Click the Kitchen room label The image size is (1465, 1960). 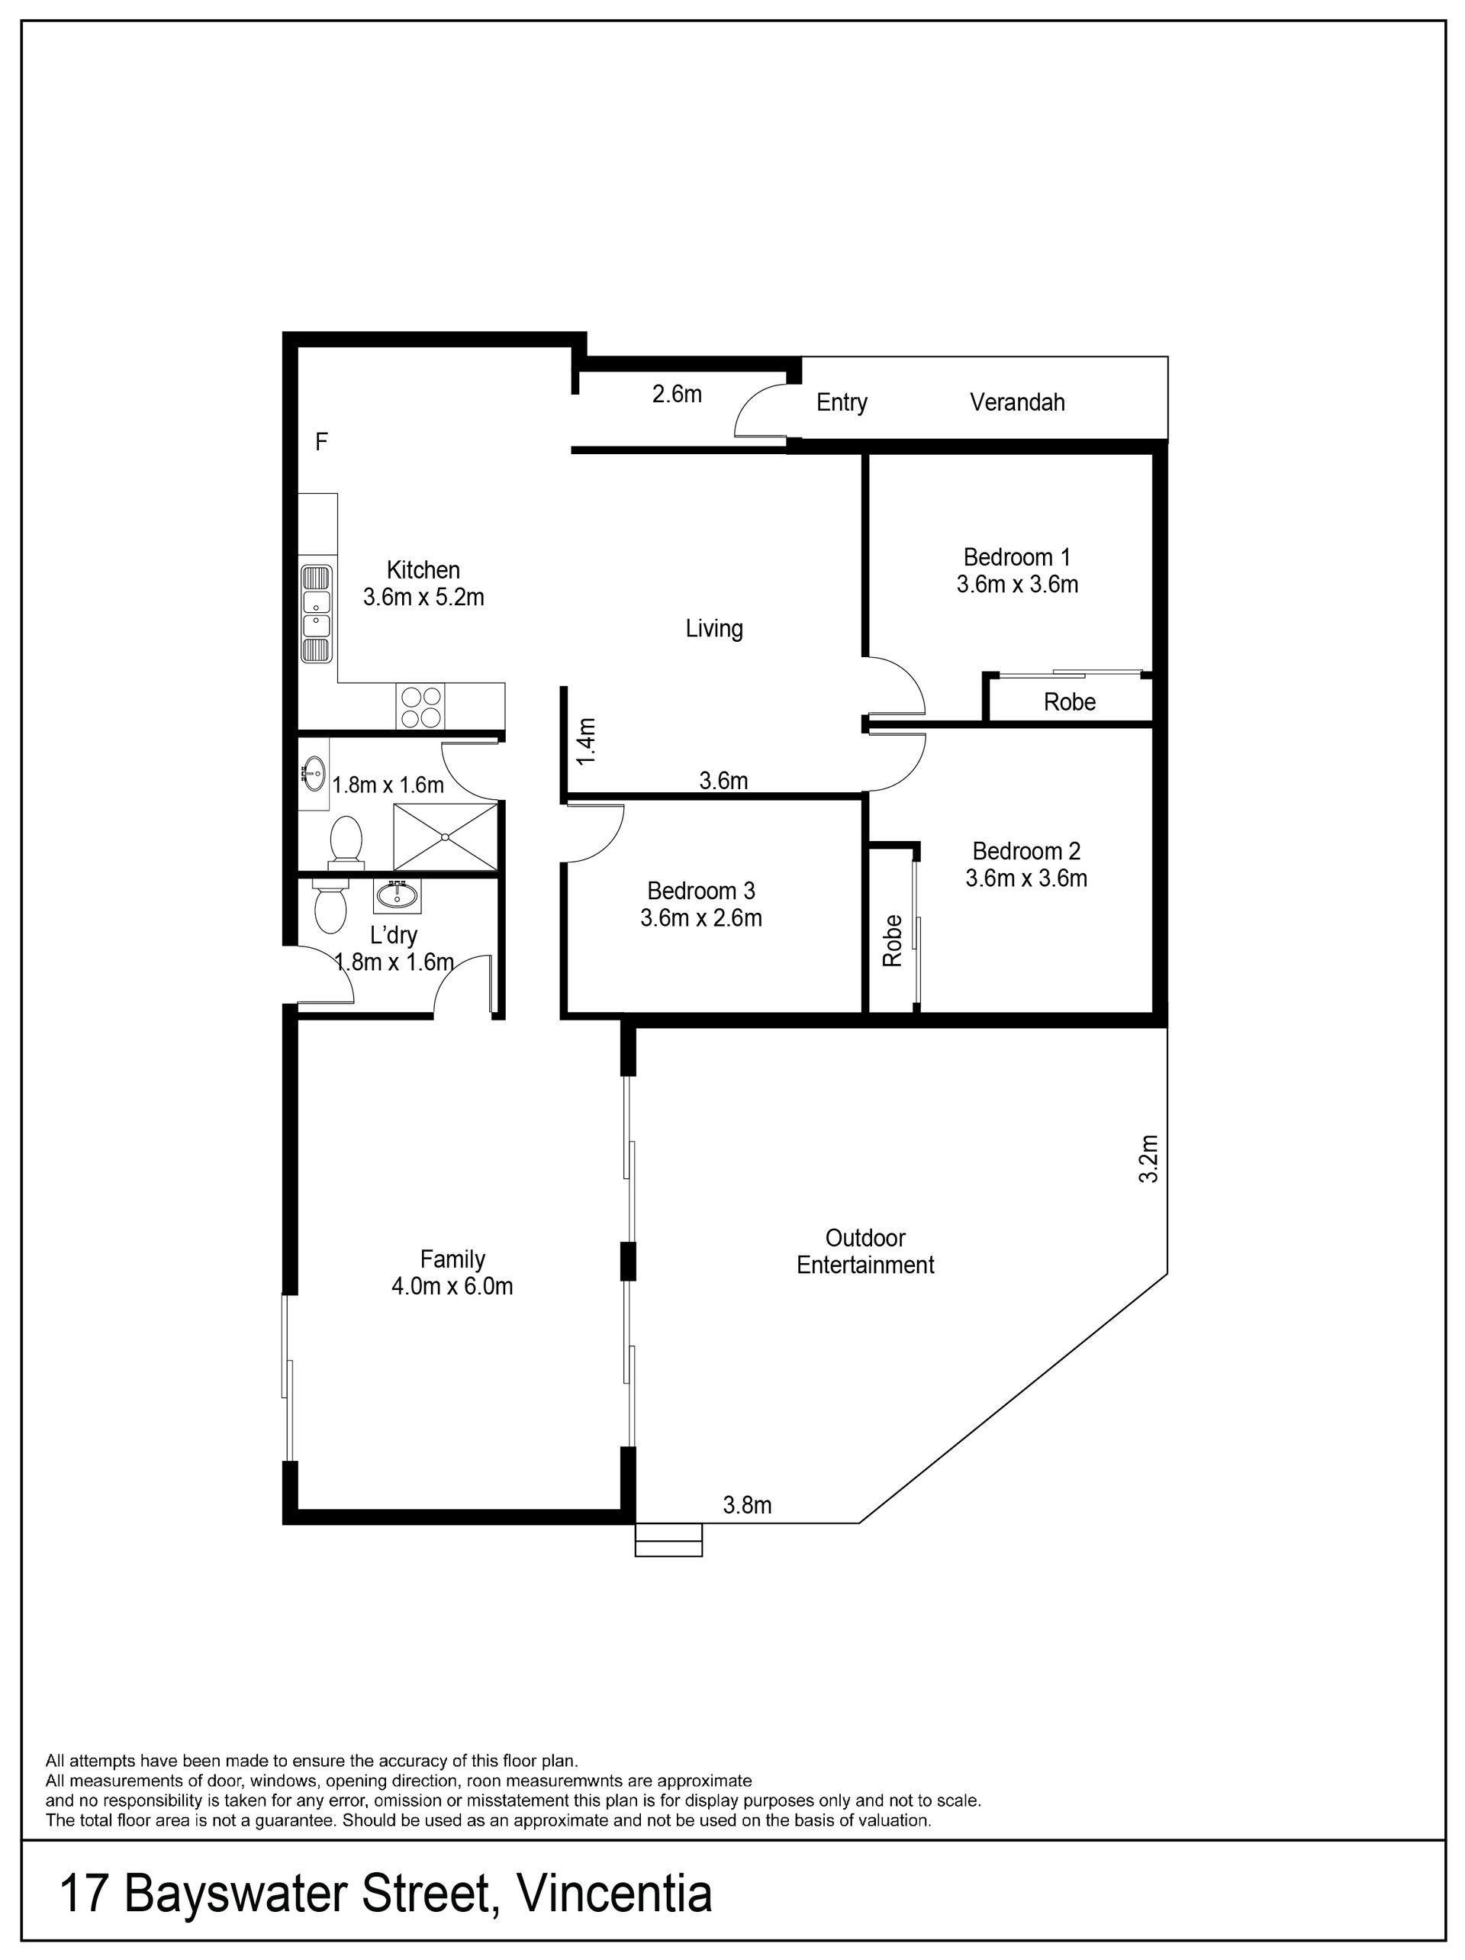(x=423, y=569)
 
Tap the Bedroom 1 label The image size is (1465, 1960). (x=1017, y=557)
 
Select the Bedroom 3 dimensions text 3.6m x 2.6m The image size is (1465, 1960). (x=700, y=918)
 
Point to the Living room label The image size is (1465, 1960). (x=714, y=628)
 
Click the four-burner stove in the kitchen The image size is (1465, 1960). (x=420, y=707)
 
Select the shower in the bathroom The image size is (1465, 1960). (x=446, y=837)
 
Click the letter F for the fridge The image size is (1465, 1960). (x=321, y=441)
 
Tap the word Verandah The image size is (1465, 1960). (x=1017, y=402)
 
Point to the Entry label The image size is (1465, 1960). (x=842, y=403)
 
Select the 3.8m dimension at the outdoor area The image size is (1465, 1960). (x=748, y=1504)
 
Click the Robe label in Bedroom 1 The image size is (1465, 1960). (x=1069, y=701)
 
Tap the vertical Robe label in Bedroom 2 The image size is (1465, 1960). (x=892, y=940)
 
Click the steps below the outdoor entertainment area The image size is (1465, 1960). (x=668, y=1540)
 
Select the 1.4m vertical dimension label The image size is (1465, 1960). (x=585, y=742)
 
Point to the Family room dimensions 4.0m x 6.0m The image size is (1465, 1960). (x=452, y=1286)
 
